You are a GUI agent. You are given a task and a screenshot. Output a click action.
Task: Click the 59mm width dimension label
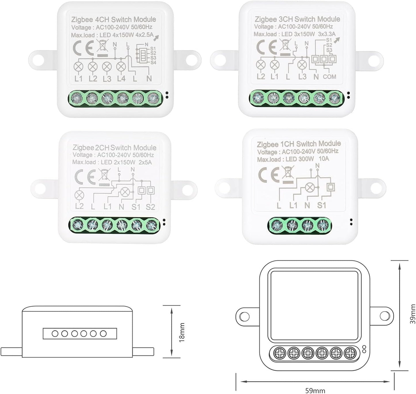click(315, 390)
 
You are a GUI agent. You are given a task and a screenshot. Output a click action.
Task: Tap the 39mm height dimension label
click(413, 314)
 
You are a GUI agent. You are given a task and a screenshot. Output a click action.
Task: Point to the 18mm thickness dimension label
click(182, 332)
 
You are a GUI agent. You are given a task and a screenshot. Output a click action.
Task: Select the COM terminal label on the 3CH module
click(330, 77)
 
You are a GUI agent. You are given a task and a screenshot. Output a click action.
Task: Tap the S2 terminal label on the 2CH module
click(150, 206)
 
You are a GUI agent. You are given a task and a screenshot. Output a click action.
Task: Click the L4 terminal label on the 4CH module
click(121, 78)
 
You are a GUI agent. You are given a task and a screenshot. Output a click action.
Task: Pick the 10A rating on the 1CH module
click(324, 158)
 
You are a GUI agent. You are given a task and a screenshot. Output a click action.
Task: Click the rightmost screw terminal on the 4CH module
click(152, 99)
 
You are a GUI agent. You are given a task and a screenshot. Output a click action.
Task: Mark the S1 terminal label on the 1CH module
click(322, 205)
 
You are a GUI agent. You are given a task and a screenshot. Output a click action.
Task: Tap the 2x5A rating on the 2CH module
click(145, 162)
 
